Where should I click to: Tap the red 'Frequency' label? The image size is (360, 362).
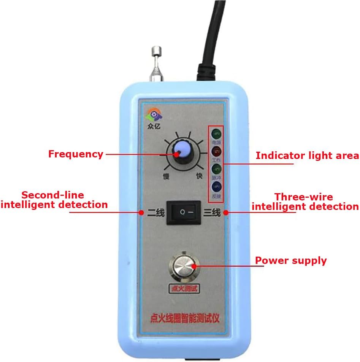[76, 154]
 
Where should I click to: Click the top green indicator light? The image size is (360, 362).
[216, 134]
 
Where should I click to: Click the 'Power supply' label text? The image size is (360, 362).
[291, 260]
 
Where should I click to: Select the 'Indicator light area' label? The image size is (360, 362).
[307, 155]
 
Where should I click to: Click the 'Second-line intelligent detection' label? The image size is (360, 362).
[54, 200]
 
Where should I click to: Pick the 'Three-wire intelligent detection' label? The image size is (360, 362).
[305, 202]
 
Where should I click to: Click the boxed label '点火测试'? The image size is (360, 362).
[184, 289]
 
